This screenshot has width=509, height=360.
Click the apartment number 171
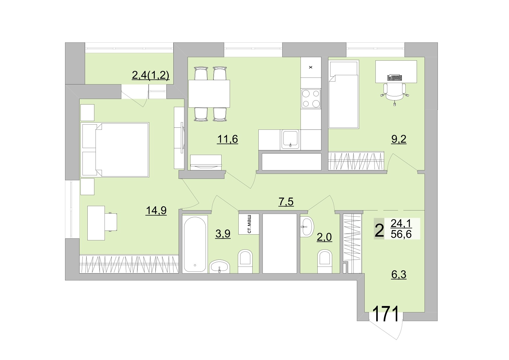pyautogui.click(x=385, y=314)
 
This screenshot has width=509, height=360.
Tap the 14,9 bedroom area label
pyautogui.click(x=156, y=210)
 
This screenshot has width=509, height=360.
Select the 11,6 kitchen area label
pyautogui.click(x=227, y=139)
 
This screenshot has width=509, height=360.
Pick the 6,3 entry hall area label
pyautogui.click(x=399, y=274)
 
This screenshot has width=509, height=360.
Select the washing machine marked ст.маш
pyautogui.click(x=249, y=224)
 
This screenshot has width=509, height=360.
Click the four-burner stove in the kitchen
pyautogui.click(x=311, y=99)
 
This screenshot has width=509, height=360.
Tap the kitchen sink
pyautogui.click(x=290, y=139)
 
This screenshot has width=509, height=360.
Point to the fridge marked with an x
pyautogui.click(x=311, y=67)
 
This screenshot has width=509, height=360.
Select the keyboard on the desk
pyautogui.click(x=395, y=78)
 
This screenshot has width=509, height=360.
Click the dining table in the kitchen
pyautogui.click(x=209, y=93)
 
